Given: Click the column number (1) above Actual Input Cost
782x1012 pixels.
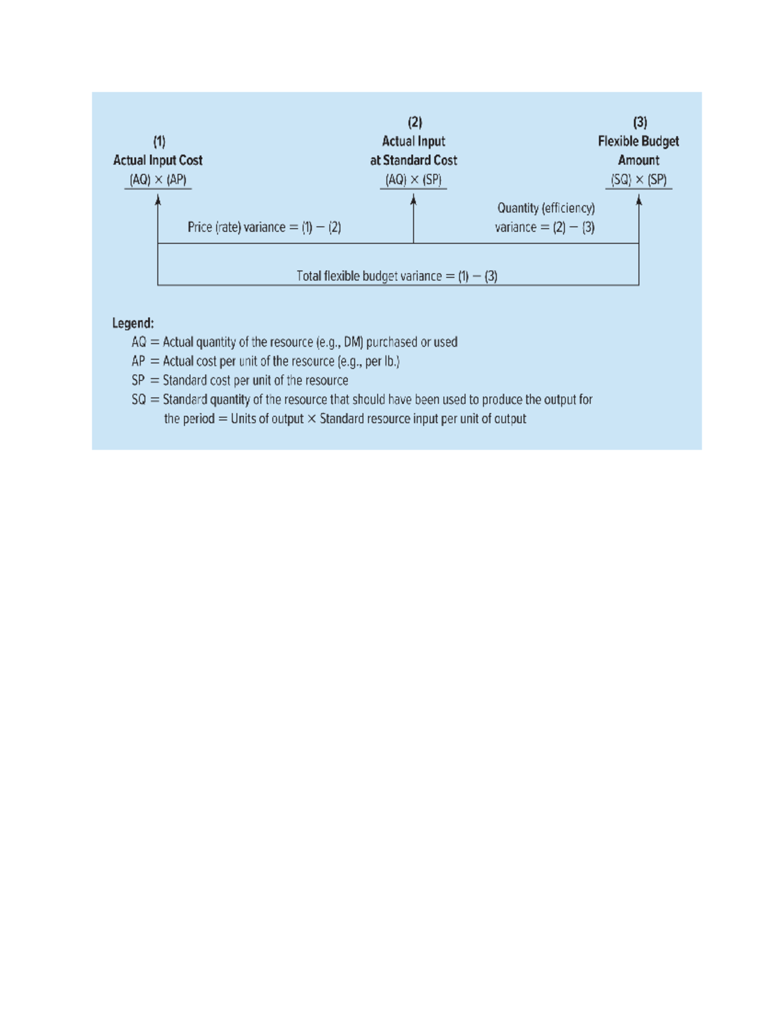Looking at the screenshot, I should pos(159,141).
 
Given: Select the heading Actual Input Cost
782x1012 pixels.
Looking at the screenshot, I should pos(158,160).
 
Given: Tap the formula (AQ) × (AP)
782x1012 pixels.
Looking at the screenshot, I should pos(158,180).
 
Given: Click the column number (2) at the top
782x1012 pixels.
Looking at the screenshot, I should pos(415,123).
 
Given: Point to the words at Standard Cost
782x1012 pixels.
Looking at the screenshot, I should pos(414,160).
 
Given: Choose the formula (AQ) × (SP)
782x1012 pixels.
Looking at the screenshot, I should pos(413,180).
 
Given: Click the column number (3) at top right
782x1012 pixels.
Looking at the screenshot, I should pos(640,123).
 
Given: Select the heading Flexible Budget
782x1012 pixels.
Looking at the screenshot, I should pos(639,141).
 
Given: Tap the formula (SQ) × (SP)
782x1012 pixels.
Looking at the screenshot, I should pos(639,180).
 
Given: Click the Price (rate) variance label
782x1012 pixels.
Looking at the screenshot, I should pos(264,227).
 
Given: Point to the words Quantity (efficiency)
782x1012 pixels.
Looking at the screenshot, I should pos(546,209).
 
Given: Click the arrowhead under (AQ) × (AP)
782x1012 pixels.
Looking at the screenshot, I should pos(158,200).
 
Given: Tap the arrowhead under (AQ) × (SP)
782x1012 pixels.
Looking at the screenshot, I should pos(413,200).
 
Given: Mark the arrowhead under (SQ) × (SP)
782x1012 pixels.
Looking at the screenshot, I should pos(639,200).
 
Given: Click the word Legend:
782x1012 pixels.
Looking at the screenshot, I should pos(133,323).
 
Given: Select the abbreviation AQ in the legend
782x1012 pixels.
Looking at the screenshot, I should pos(139,342).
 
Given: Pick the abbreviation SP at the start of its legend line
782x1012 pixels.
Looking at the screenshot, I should pos(138,381).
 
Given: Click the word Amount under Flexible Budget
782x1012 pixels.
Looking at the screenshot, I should pos(639,160).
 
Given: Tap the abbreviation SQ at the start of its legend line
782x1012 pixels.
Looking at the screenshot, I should pos(139,399).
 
